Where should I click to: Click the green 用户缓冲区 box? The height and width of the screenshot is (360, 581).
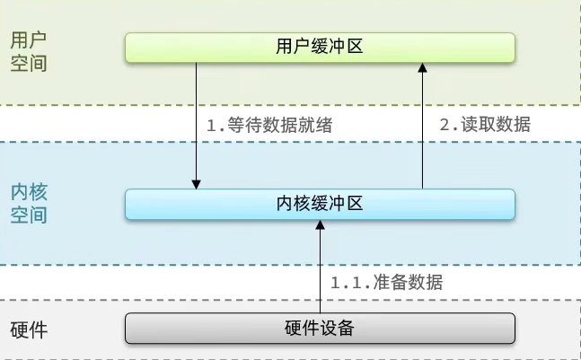point(320,48)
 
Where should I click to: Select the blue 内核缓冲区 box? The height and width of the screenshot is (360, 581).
point(320,204)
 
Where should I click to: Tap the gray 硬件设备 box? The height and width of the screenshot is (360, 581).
point(320,329)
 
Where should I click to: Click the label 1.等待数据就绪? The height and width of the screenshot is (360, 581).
point(269,125)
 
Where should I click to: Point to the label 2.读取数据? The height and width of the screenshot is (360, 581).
point(485,124)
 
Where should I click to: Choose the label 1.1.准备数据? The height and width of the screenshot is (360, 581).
point(386,282)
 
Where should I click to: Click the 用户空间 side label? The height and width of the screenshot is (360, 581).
point(29,52)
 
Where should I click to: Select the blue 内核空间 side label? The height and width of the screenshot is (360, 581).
point(29,203)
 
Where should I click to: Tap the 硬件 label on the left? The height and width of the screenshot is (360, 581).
point(29,330)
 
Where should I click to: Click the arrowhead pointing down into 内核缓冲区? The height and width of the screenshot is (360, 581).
point(196,184)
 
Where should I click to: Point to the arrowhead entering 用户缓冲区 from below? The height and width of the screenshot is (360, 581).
point(422,67)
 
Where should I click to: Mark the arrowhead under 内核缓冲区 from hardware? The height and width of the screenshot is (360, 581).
point(321,224)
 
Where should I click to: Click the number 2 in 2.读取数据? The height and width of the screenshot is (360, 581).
point(445,125)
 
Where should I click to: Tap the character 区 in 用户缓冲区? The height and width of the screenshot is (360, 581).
point(355,47)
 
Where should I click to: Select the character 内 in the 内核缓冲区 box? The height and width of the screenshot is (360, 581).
point(285,204)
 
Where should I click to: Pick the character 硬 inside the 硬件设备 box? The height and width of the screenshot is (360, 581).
point(293,328)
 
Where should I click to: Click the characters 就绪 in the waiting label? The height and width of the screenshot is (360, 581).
point(315,125)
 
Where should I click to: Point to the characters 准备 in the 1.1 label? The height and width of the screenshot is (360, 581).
point(390,282)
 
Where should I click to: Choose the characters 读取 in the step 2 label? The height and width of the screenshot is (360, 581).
point(479,124)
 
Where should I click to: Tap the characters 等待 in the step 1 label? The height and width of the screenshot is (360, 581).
point(244,125)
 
